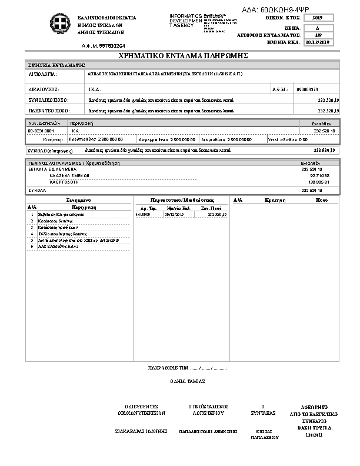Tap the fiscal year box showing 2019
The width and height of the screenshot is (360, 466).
[x=320, y=19]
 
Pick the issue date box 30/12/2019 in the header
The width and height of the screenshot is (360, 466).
[x=320, y=43]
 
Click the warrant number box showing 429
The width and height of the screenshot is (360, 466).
[x=320, y=35]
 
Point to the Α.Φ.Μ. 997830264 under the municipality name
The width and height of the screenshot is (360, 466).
[x=103, y=45]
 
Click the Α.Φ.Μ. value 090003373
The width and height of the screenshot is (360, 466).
[x=308, y=89]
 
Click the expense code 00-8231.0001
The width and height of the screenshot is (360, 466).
[x=41, y=131]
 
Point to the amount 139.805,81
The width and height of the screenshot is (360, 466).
[x=319, y=182]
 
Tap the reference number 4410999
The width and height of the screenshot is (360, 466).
[x=143, y=215]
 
